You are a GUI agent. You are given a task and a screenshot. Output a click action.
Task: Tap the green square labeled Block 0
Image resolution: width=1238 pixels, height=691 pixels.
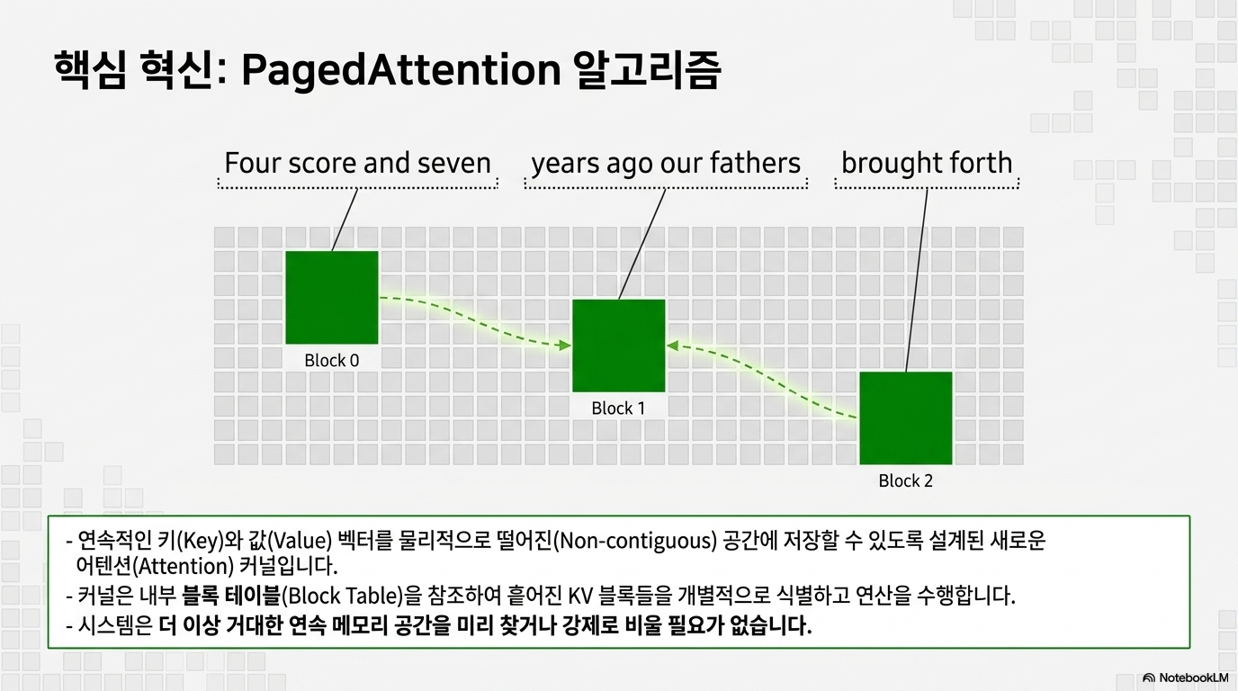coord(332,298)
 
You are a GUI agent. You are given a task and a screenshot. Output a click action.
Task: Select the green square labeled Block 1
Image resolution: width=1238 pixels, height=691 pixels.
coord(618,345)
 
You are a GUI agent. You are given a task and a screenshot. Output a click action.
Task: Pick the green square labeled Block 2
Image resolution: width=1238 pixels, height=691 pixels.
coord(906,417)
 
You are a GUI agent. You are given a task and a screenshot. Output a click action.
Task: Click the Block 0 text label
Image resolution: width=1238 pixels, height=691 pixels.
coord(332,361)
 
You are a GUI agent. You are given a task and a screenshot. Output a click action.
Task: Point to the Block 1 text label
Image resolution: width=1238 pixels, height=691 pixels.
coord(618,408)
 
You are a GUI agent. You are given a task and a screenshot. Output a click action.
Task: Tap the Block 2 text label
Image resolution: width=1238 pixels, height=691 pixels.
coord(905,481)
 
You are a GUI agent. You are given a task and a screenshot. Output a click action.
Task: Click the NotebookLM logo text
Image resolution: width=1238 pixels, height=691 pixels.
coord(1194,678)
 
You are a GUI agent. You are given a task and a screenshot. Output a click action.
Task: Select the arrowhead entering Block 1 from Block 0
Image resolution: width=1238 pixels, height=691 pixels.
coord(565,345)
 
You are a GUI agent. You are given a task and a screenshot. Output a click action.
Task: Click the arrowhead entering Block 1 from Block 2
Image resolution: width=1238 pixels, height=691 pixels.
coord(672,346)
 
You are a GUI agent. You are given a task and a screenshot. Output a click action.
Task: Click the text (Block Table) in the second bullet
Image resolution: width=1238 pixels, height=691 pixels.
coord(343,596)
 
